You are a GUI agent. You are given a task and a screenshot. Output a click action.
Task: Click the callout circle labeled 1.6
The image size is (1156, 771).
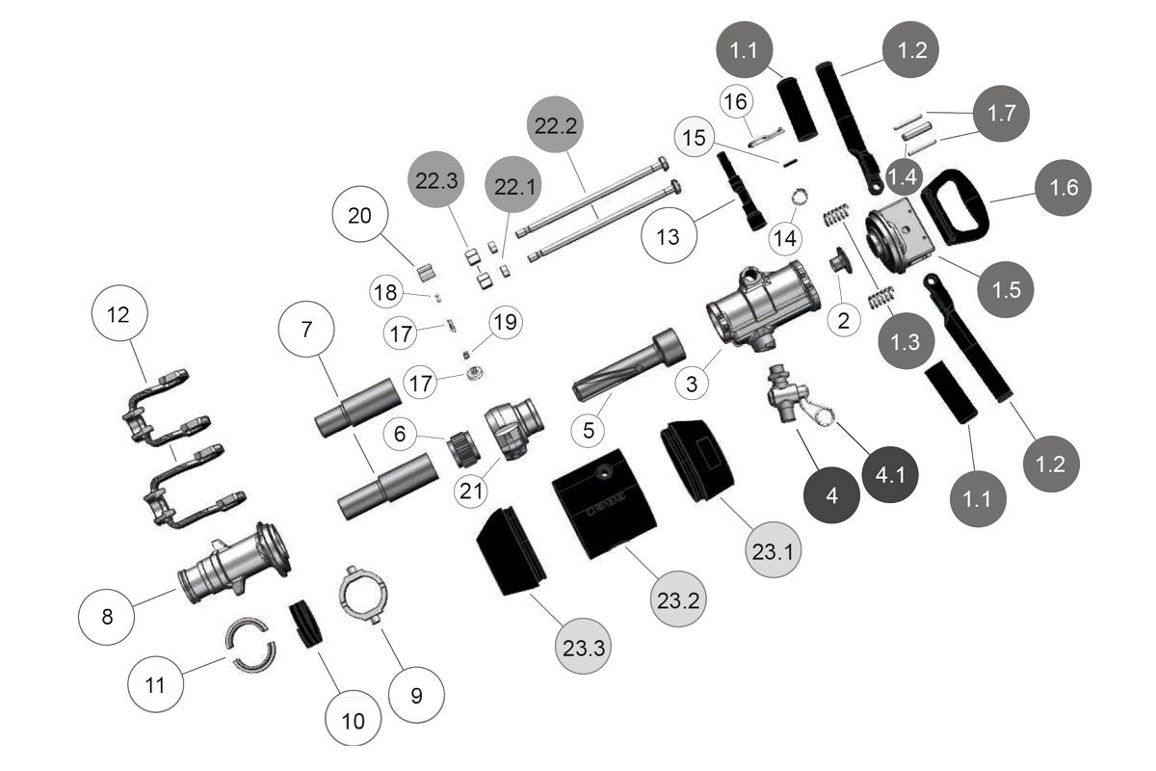[1064, 188]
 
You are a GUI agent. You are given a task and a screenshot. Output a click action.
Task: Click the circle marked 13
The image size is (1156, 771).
[668, 236]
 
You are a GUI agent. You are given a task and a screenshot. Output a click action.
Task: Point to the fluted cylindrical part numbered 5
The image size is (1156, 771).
[628, 364]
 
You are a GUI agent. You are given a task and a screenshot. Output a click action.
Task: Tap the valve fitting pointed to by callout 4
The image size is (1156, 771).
[782, 395]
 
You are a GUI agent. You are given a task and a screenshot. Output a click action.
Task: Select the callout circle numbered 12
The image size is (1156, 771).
[118, 315]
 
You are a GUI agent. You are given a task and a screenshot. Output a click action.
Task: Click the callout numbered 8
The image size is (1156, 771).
[107, 616]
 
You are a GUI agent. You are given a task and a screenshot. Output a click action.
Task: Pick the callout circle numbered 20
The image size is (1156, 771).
[359, 216]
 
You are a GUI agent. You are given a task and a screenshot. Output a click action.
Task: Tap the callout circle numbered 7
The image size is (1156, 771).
[306, 329]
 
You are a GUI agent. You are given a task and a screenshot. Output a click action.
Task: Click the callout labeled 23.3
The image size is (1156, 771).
[584, 648]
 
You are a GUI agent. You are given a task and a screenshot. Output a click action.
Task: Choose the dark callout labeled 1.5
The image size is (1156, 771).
[1006, 288]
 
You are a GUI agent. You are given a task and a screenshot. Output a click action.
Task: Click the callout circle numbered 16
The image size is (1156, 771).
[735, 101]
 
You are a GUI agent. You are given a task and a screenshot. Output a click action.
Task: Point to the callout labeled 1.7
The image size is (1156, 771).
[1002, 114]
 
